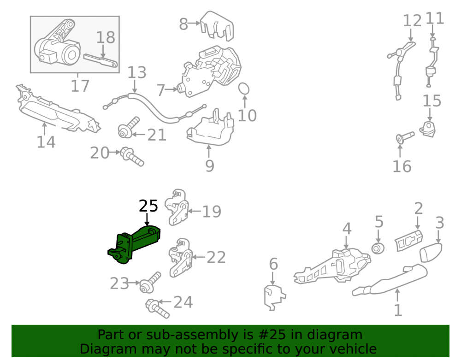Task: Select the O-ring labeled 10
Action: [243, 89]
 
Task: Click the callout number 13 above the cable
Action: [137, 72]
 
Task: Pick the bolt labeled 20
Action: [132, 157]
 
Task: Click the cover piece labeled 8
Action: [217, 26]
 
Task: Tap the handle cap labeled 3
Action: [431, 252]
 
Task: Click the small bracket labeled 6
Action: [274, 297]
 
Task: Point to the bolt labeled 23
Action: [150, 283]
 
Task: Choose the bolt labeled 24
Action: [157, 308]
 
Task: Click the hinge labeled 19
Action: [177, 207]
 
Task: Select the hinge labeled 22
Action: [181, 258]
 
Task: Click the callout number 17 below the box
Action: [80, 86]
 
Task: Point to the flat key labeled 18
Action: [101, 60]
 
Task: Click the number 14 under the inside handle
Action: [46, 142]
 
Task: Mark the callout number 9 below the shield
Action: [210, 166]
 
